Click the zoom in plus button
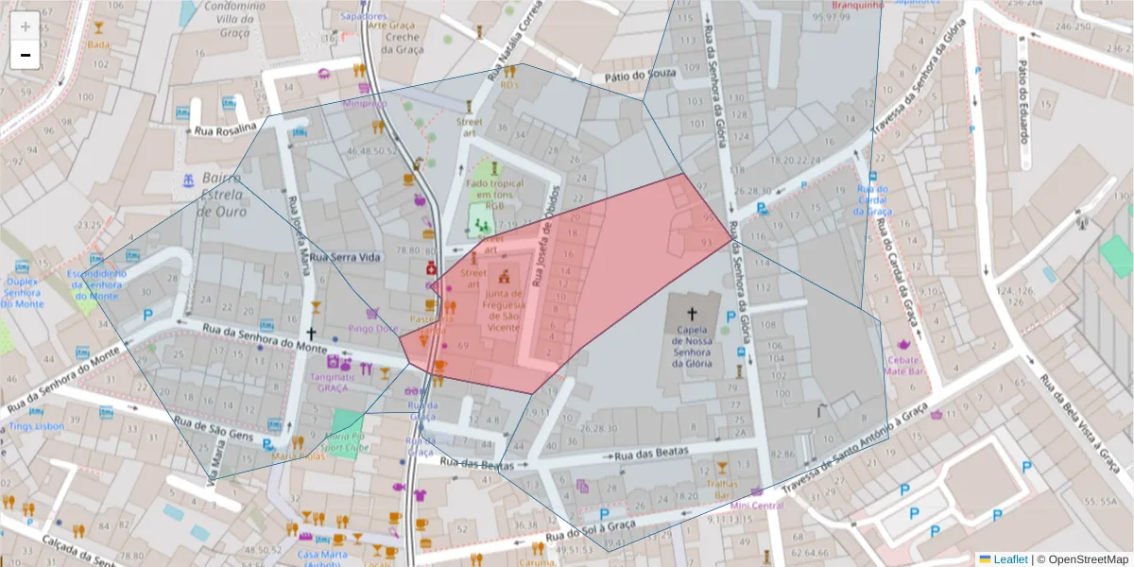26,26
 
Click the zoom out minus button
26,55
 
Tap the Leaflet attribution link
1009,559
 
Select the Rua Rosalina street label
225,129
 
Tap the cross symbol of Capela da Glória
691,313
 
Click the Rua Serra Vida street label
344,257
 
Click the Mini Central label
756,506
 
